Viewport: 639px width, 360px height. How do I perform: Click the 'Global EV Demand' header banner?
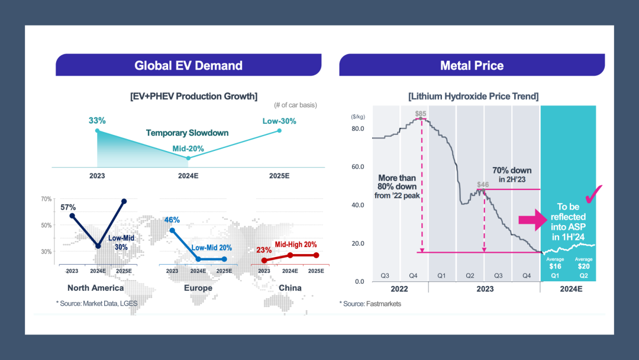188,65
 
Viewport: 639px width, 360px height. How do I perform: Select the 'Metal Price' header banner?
472,65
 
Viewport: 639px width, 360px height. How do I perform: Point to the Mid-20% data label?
188,149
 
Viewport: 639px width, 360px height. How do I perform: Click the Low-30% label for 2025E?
279,121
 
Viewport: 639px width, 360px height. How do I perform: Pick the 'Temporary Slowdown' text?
187,133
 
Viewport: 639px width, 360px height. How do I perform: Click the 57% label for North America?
68,207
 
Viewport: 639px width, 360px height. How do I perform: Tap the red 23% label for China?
264,250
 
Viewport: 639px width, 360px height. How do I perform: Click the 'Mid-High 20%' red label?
296,244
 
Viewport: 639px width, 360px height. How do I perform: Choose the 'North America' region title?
95,288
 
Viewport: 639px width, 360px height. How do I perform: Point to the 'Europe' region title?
198,288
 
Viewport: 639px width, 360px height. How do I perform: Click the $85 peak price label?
421,113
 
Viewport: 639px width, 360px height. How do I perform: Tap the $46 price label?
483,185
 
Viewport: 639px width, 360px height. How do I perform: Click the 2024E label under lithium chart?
571,290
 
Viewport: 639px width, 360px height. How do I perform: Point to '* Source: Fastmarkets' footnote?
370,304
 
